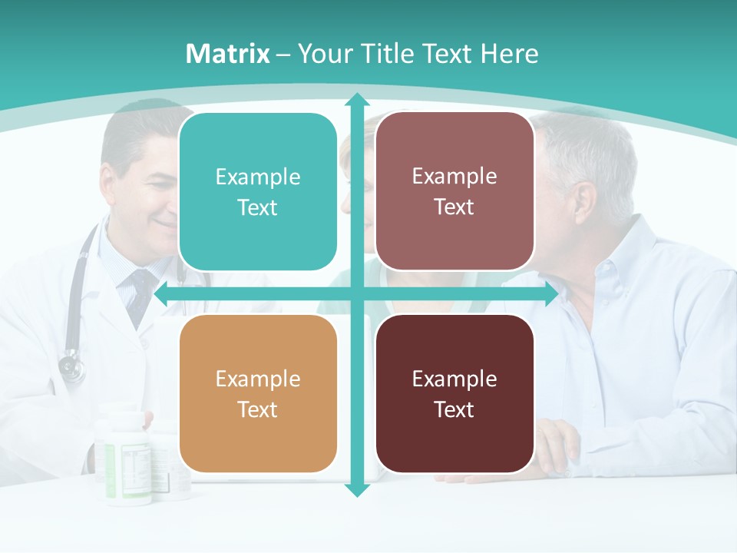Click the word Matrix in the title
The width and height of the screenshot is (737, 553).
coord(228,54)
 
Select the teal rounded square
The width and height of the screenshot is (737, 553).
coord(258,192)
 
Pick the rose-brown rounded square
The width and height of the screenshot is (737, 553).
coord(454,191)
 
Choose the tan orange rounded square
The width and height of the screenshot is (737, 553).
coord(258,393)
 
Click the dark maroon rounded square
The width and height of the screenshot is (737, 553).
coord(454,393)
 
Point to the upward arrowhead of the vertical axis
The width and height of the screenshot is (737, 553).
coord(356,99)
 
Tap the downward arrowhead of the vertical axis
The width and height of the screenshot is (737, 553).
coord(356,489)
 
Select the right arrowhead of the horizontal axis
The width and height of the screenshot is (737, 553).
coord(551,294)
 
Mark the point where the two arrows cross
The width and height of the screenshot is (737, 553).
coord(356,294)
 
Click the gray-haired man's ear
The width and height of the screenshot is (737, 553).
coord(585,201)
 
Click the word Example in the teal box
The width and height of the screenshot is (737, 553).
coord(258,177)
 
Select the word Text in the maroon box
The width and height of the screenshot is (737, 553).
coord(454,409)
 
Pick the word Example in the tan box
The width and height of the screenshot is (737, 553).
coord(258,379)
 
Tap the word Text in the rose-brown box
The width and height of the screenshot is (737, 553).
coord(454,207)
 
